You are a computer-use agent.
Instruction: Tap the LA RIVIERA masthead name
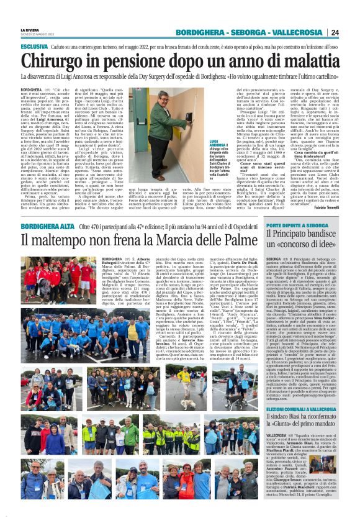coord(29,29)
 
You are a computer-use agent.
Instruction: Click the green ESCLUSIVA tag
coord(35,47)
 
